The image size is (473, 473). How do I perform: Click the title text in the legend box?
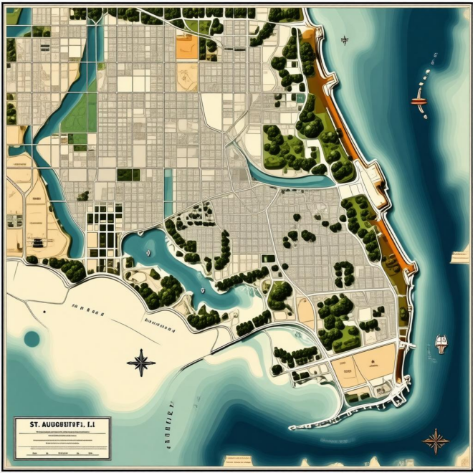tap(54, 425)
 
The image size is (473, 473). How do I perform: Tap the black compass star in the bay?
tap(141, 362)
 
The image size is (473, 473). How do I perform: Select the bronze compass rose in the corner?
tap(435, 440)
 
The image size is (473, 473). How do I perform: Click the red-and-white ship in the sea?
tap(420, 101)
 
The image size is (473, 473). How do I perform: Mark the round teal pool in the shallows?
tap(32, 338)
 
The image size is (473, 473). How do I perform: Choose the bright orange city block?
tap(186, 46)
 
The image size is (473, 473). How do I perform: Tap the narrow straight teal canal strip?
tap(168, 193)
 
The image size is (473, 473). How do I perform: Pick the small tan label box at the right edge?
tap(459, 257)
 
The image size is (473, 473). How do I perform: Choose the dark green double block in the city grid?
tap(128, 175)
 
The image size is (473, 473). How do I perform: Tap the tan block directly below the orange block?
tap(187, 76)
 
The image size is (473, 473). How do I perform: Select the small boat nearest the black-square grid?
tap(148, 252)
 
